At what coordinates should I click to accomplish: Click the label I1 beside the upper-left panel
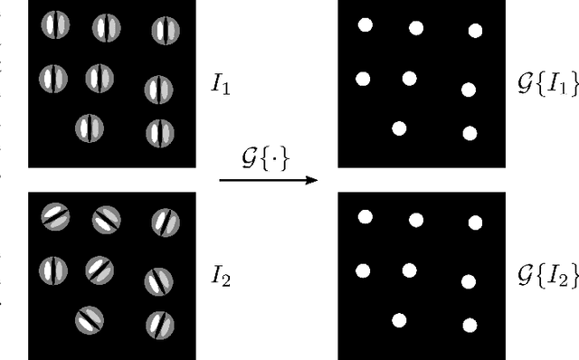pos(220,89)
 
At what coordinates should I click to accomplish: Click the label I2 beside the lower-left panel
pos(221,277)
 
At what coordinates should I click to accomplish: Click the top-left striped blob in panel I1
pos(53,27)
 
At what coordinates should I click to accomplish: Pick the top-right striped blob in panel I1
pos(164,30)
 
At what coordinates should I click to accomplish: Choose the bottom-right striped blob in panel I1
pos(159,133)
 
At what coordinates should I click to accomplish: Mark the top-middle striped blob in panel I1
pos(107,28)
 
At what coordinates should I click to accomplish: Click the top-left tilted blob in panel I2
pos(55,215)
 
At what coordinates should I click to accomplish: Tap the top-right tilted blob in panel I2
pos(165,221)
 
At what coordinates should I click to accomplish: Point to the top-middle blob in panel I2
pos(107,218)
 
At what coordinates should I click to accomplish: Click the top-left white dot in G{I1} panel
pos(365,24)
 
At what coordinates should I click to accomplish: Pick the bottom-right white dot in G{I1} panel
pos(470,133)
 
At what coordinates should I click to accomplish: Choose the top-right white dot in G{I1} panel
pos(475,31)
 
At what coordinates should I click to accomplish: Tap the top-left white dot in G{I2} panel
pos(365,216)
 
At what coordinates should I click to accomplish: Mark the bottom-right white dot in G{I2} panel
pos(470,324)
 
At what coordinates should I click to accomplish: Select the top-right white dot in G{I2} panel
pos(475,222)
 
